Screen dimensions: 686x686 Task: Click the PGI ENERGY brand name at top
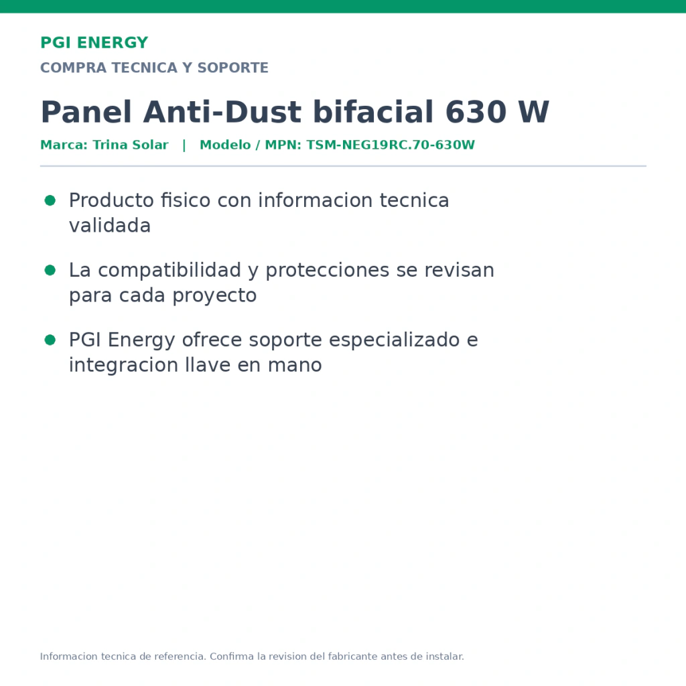(x=94, y=43)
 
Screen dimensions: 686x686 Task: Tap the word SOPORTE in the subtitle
(x=232, y=68)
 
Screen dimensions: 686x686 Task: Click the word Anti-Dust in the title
(x=222, y=112)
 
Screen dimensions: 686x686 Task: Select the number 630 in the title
(x=476, y=112)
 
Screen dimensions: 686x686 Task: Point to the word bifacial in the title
(x=373, y=112)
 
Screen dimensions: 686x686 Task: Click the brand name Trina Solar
(x=131, y=145)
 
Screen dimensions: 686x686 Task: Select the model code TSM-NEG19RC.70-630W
(x=391, y=145)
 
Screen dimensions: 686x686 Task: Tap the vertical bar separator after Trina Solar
(x=184, y=145)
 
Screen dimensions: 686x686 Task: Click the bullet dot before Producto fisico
(x=50, y=200)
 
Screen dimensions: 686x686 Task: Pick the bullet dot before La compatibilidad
(x=50, y=270)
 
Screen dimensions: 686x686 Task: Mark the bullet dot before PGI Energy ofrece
(x=50, y=340)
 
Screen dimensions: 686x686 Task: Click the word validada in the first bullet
(x=110, y=226)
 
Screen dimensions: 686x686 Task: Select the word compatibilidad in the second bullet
(x=169, y=271)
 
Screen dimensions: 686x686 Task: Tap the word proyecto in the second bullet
(x=214, y=296)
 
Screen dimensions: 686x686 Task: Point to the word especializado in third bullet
(x=394, y=340)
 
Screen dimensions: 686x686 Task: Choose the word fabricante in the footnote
(x=352, y=657)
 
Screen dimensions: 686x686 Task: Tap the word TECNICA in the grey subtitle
(x=144, y=68)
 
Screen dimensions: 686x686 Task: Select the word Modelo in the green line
(x=225, y=145)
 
